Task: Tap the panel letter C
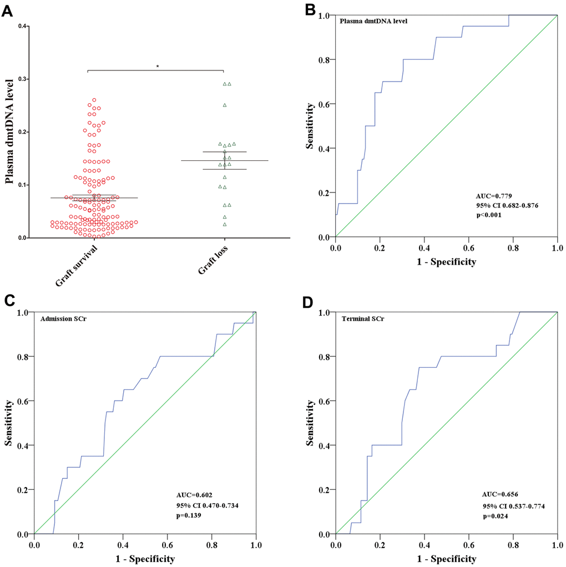click(x=9, y=301)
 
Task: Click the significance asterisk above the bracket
click(x=157, y=67)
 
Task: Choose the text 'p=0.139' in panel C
click(x=188, y=515)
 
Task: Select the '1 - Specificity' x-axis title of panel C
click(x=144, y=559)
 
